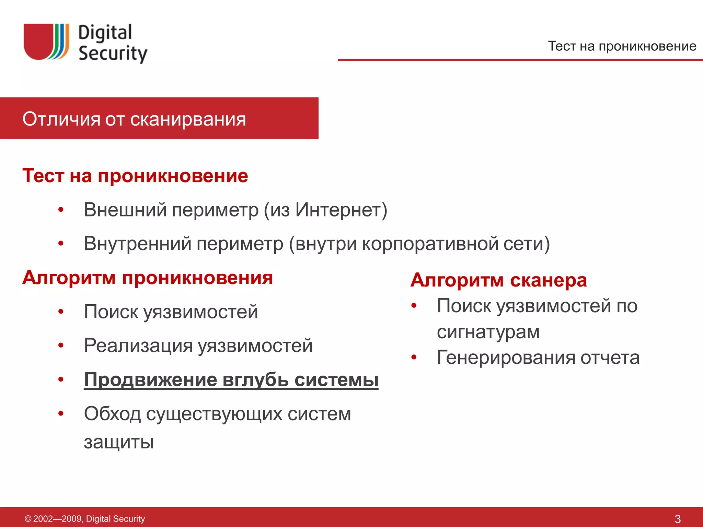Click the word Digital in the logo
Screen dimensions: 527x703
105,33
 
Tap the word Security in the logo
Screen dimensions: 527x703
113,54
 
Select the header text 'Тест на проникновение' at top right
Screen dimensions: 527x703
622,46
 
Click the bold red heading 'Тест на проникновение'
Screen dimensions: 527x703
135,176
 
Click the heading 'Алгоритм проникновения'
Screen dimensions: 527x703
148,278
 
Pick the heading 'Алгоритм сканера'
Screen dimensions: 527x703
498,280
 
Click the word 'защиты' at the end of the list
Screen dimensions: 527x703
119,442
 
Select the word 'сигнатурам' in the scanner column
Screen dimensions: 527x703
488,332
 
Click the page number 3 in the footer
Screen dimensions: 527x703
677,519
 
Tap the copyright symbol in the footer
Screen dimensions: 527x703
28,519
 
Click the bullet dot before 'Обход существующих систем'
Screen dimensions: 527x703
61,413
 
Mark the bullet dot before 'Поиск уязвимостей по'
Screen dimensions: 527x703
414,305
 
